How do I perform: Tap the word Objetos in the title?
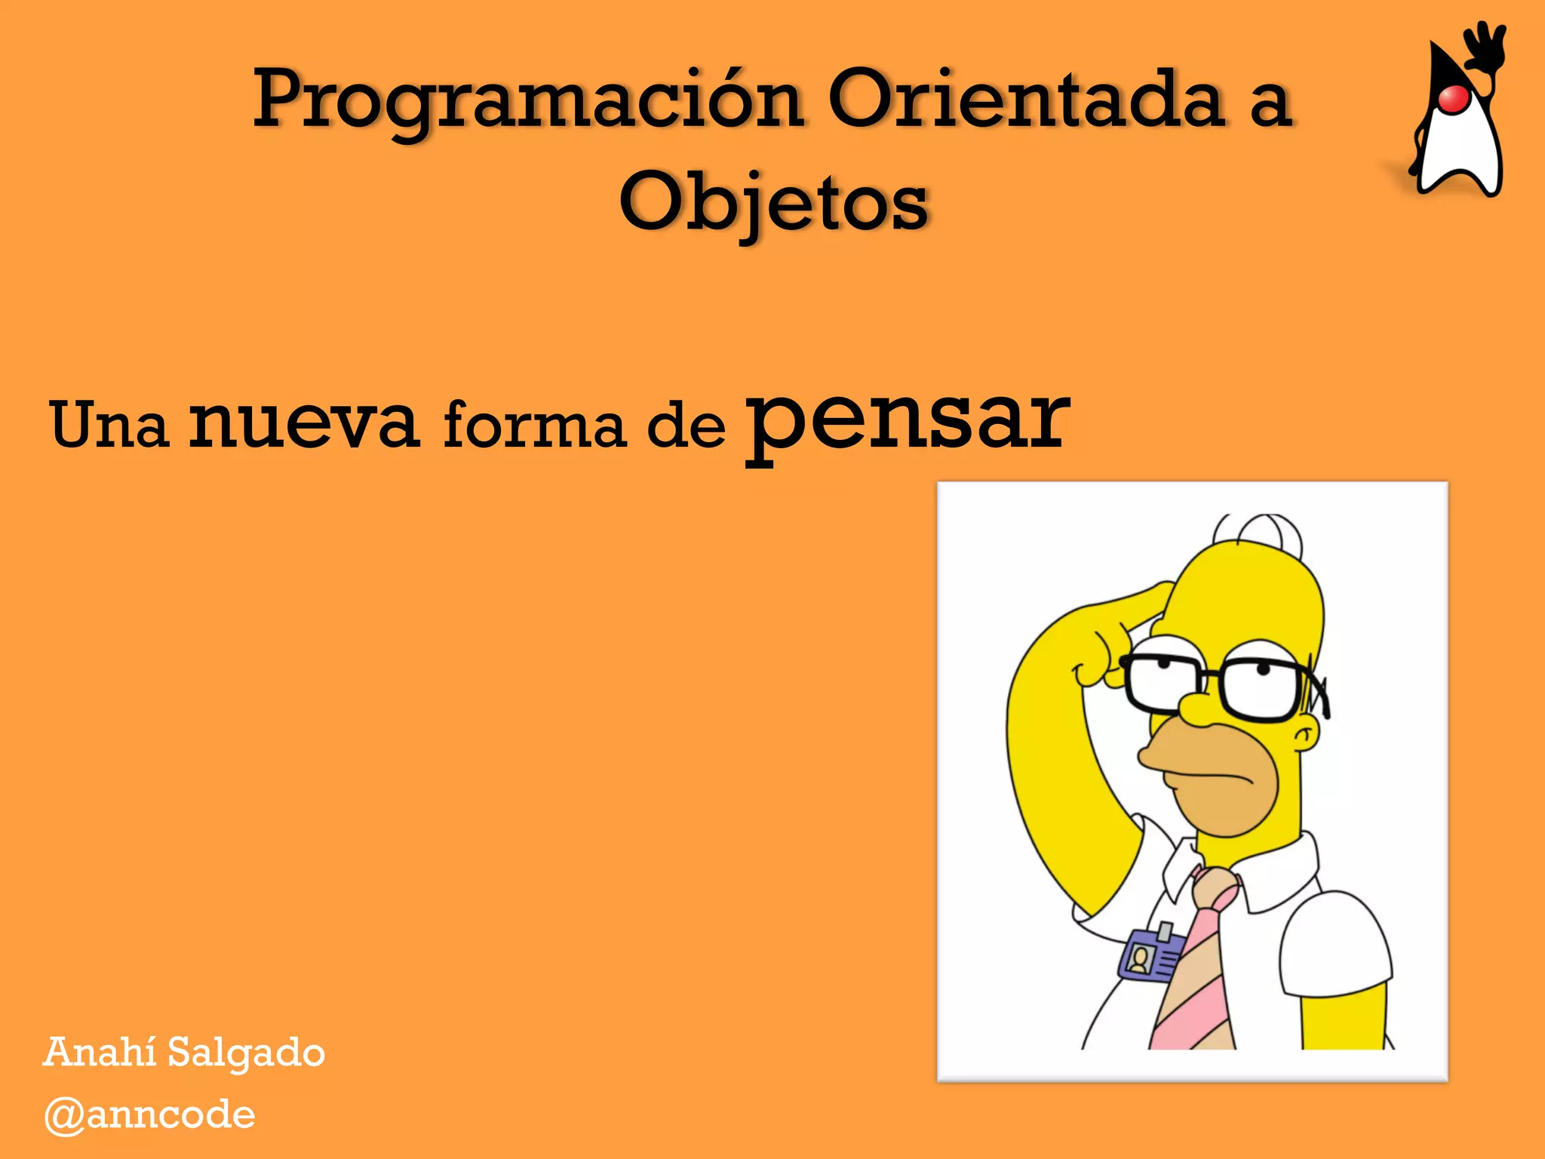[x=773, y=202]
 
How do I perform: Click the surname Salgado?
[x=246, y=1053]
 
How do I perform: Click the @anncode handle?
[x=149, y=1114]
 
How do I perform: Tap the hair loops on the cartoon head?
[x=1258, y=530]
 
